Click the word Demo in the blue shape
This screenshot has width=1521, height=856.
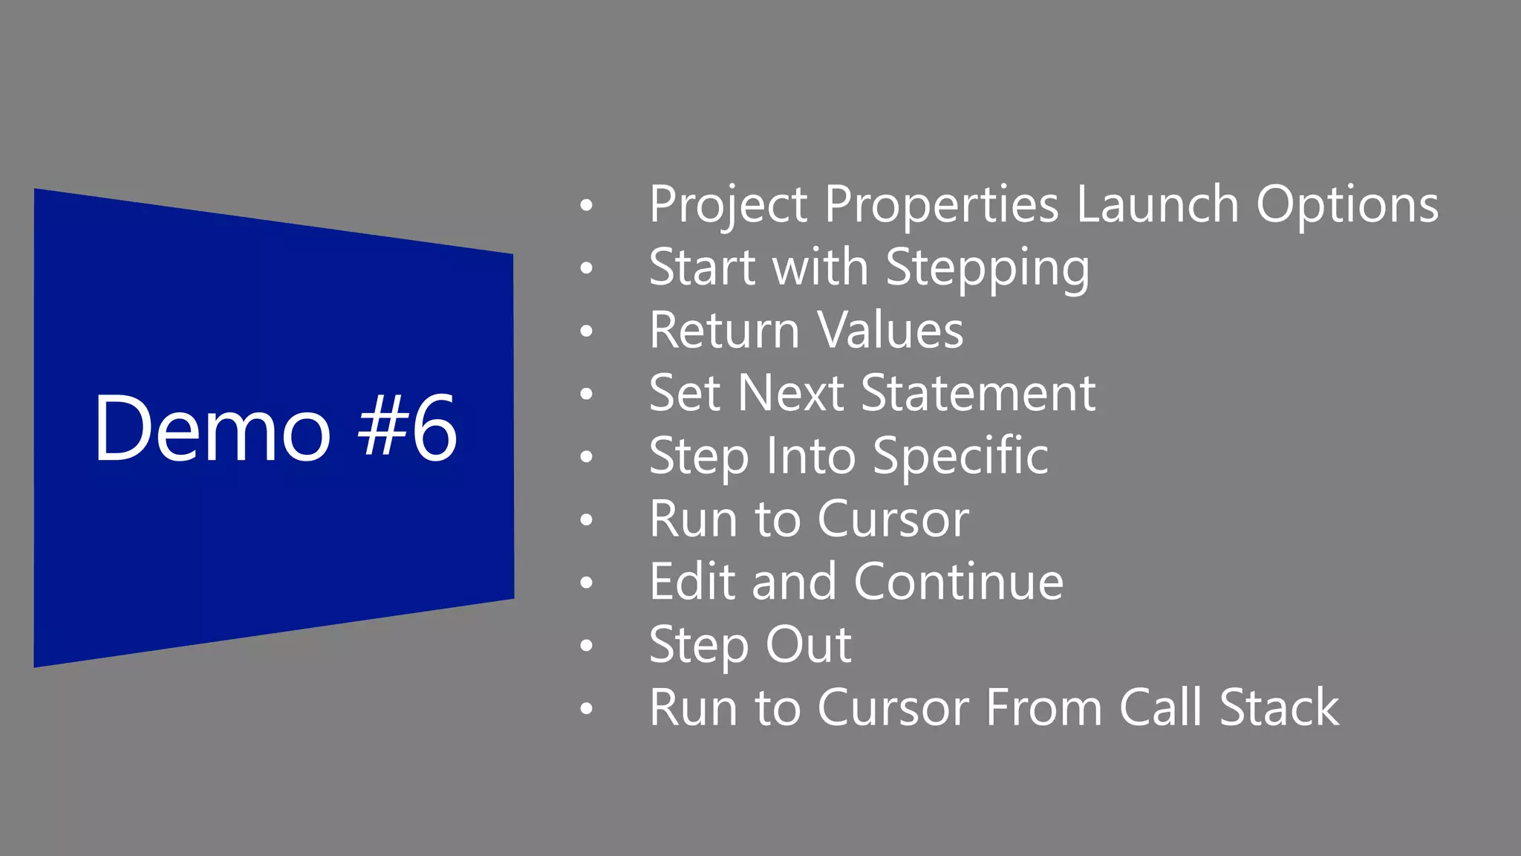(x=212, y=429)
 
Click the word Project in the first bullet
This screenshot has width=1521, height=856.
(x=728, y=206)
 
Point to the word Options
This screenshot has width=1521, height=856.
(x=1346, y=206)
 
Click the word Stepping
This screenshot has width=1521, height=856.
(x=988, y=269)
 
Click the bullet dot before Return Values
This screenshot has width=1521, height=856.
(x=587, y=331)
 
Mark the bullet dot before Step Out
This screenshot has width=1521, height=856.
(x=587, y=646)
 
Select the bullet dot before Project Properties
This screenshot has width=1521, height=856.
(x=587, y=205)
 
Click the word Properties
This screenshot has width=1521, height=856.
(x=941, y=206)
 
